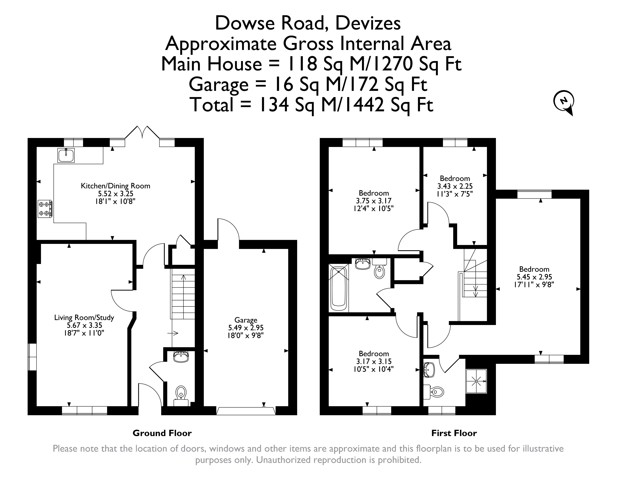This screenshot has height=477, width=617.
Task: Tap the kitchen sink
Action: [66, 155]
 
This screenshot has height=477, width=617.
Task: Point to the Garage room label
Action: [246, 320]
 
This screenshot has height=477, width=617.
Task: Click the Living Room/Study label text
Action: [84, 318]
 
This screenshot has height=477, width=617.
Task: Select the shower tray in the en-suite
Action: [476, 381]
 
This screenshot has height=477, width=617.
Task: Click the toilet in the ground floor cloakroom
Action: [181, 393]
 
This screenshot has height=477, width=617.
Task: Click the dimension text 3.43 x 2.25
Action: [455, 186]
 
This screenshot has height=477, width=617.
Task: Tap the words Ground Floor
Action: [162, 433]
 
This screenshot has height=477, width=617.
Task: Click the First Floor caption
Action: [454, 433]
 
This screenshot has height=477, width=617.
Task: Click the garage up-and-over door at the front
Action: [246, 411]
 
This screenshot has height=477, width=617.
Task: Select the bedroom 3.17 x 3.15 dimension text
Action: [374, 361]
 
